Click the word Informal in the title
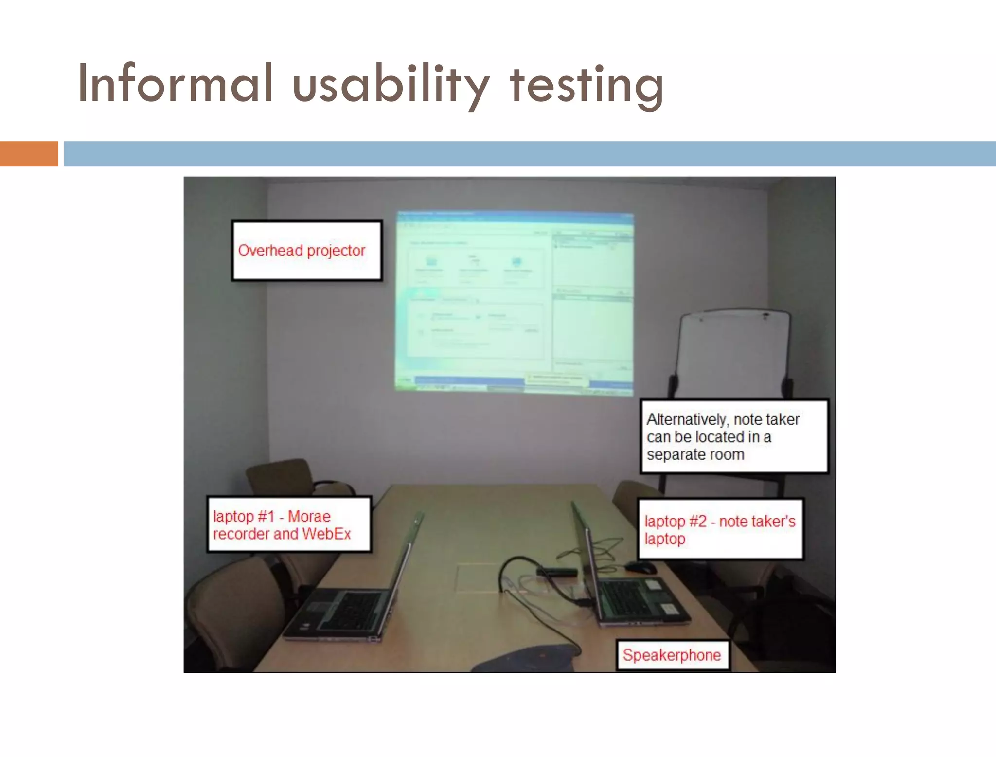click(x=175, y=84)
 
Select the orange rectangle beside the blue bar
click(x=29, y=154)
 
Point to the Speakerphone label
click(x=672, y=655)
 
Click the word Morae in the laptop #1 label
click(x=309, y=516)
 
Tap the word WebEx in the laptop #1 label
click(x=326, y=534)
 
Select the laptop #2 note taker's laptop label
click(x=720, y=529)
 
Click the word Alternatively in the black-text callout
click(x=687, y=419)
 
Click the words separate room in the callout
click(x=695, y=455)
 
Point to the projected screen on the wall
click(x=515, y=302)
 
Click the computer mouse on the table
click(x=641, y=567)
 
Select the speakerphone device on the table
click(x=530, y=659)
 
